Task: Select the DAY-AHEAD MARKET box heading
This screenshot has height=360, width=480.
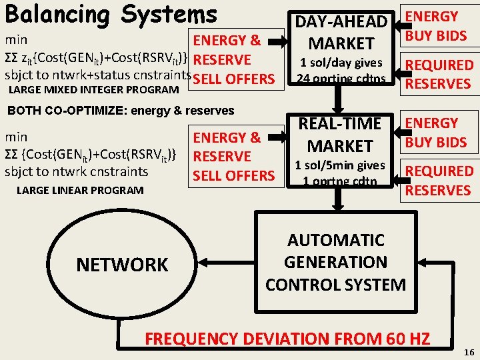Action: pos(341,33)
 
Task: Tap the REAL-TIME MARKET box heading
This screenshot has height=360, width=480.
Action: pos(341,134)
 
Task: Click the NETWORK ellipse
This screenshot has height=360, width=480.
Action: pos(122,265)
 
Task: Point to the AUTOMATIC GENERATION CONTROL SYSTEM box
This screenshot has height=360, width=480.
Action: pos(335,262)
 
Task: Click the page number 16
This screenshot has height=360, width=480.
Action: pos(467,351)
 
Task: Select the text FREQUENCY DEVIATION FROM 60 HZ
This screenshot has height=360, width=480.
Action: pos(287,339)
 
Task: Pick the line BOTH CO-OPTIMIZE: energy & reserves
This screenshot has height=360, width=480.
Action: pos(120,110)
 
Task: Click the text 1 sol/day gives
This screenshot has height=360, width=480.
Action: pos(341,63)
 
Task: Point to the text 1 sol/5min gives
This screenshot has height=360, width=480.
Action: pos(341,165)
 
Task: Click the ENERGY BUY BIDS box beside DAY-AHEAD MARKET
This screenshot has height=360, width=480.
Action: pos(436,26)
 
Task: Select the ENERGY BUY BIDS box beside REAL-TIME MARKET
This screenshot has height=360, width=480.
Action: pos(436,133)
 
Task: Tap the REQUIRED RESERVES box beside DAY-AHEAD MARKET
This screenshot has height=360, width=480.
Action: pos(439,74)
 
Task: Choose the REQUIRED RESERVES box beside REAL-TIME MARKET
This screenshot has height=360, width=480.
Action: pos(439,181)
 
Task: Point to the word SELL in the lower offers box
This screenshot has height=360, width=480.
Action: pos(211,176)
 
